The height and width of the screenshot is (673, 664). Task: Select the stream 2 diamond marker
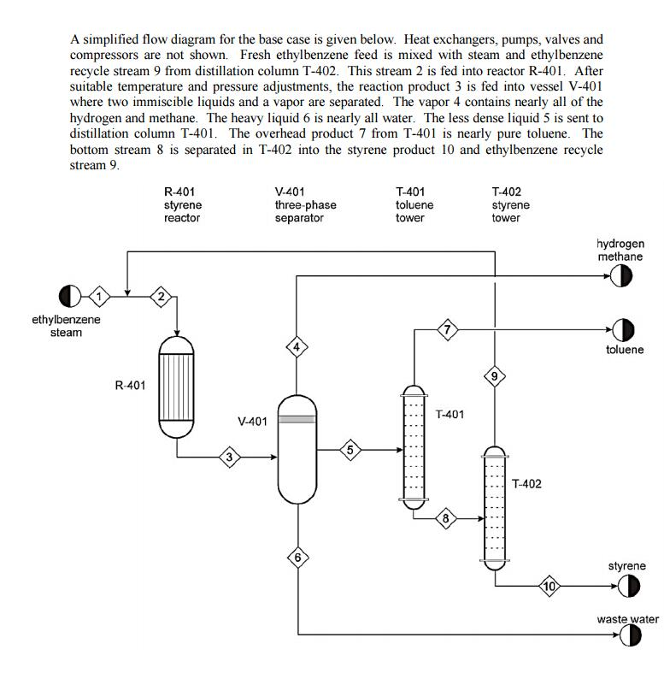click(161, 296)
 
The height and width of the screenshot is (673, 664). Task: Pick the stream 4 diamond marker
click(296, 346)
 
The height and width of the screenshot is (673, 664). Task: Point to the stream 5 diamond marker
click(350, 450)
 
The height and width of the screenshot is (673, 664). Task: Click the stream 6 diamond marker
click(297, 558)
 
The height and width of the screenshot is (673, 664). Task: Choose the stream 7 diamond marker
click(447, 329)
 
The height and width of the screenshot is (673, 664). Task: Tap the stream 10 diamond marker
click(549, 587)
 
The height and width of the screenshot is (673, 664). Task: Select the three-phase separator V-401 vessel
click(297, 450)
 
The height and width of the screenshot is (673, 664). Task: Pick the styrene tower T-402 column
click(495, 506)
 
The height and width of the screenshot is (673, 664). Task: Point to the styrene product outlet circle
click(629, 587)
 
